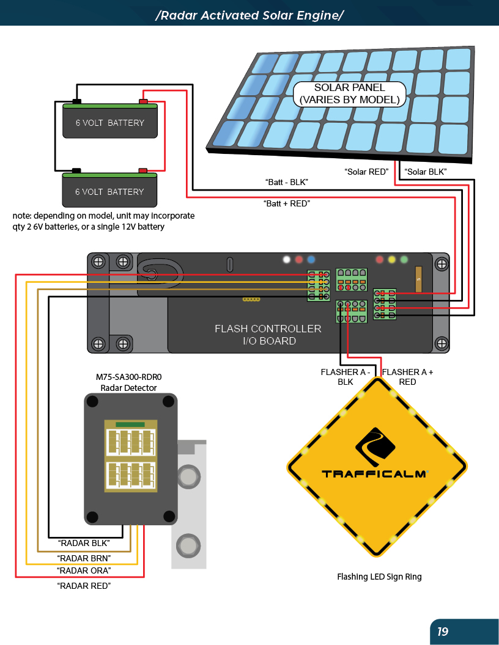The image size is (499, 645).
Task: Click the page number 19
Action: click(443, 632)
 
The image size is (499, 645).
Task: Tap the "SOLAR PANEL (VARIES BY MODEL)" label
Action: click(349, 93)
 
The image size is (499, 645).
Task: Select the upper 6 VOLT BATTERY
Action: click(110, 122)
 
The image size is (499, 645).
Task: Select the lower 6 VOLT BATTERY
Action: click(109, 191)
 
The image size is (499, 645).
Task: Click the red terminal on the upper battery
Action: click(144, 101)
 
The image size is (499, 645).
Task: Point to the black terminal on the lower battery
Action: click(76, 170)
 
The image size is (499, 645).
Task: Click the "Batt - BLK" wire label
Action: click(286, 182)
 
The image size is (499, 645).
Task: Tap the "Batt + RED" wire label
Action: click(286, 203)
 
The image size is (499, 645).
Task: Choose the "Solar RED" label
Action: click(366, 172)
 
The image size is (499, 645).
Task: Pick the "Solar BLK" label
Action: click(426, 172)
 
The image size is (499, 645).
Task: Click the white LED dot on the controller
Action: click(286, 259)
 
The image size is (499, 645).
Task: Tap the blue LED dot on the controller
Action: click(311, 259)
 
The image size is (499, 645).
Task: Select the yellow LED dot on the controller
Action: click(392, 259)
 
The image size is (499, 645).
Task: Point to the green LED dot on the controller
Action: click(404, 259)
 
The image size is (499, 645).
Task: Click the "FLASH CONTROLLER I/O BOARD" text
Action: click(268, 335)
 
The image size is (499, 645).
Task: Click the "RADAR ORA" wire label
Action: click(84, 570)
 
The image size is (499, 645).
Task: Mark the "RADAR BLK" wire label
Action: click(84, 542)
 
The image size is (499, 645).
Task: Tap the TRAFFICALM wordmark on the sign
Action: click(374, 473)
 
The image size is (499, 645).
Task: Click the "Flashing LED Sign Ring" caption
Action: click(379, 577)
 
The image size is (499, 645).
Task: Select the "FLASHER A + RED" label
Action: click(407, 377)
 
